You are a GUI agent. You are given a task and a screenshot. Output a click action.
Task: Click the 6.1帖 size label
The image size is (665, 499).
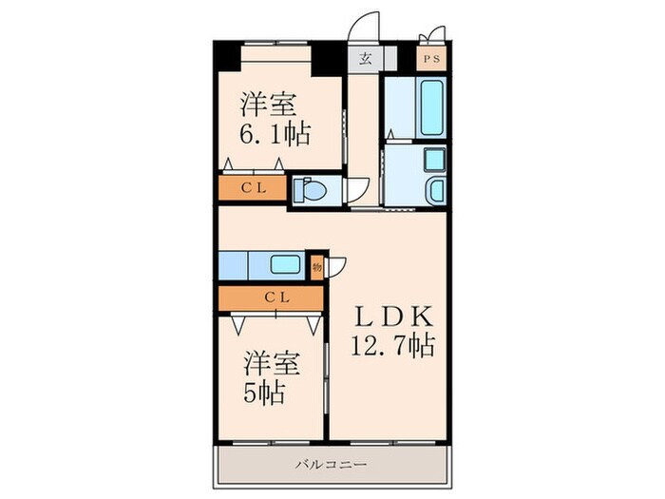[x=275, y=135]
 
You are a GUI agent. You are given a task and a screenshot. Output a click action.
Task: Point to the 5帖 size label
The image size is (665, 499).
[x=265, y=391]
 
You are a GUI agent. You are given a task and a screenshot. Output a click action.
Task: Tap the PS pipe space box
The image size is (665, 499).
[x=432, y=59]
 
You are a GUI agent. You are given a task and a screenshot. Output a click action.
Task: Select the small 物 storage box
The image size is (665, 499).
[x=317, y=267]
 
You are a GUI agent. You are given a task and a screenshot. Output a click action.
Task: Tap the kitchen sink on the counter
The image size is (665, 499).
[x=284, y=265]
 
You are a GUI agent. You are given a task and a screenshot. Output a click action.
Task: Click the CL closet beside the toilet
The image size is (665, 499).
[x=252, y=187]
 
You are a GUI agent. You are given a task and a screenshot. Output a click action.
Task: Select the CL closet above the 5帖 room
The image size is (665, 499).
[x=271, y=298]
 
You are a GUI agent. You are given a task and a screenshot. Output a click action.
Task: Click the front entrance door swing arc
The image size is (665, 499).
[x=365, y=27]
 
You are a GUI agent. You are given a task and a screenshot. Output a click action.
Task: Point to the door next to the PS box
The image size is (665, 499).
[x=432, y=34]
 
